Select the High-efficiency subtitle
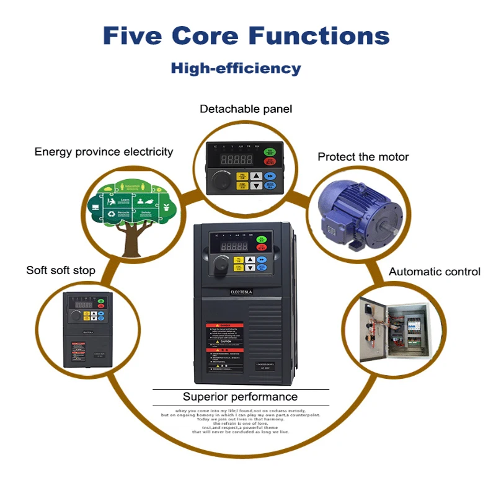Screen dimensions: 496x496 point(236,68)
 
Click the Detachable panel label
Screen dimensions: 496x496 point(246,109)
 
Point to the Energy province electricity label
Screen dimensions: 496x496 point(104,151)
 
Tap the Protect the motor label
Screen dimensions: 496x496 point(363,157)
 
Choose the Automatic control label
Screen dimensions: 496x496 point(434,272)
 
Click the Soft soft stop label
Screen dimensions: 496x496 point(61,270)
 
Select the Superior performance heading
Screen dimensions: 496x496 point(240,397)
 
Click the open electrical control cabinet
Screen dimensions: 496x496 point(394,332)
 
